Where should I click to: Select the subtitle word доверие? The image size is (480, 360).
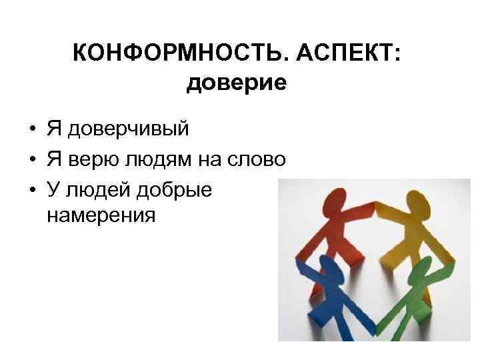point(237,83)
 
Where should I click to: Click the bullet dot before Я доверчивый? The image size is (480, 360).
point(32,129)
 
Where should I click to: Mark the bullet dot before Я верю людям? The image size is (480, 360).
point(32,161)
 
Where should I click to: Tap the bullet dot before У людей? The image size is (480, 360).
point(32,191)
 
